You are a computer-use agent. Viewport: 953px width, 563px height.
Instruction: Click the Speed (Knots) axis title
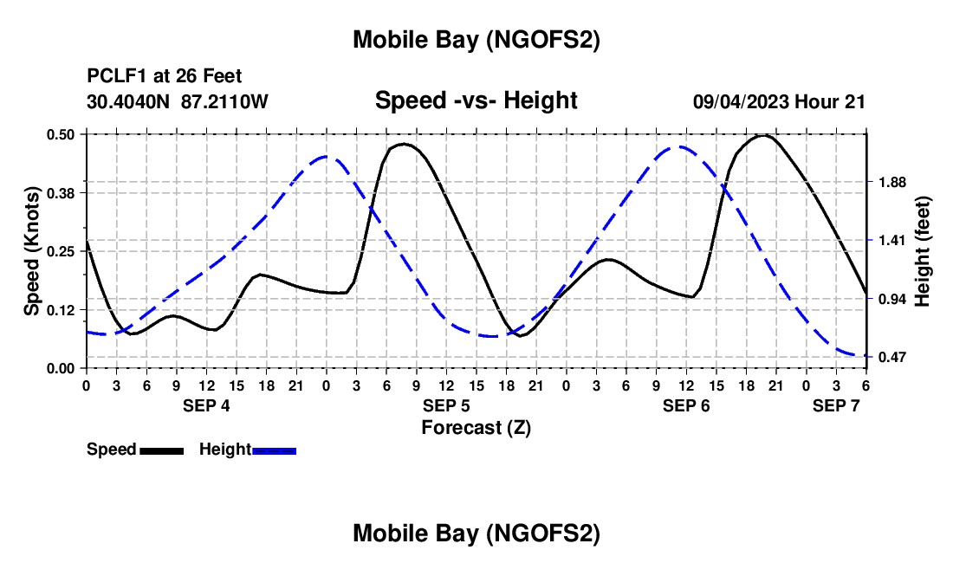[32, 251]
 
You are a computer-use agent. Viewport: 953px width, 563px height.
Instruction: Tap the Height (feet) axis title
[922, 251]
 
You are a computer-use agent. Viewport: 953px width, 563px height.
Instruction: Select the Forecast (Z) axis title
[476, 427]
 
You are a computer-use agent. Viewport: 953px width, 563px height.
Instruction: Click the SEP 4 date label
[206, 405]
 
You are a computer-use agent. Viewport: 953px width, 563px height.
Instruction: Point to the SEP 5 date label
[446, 405]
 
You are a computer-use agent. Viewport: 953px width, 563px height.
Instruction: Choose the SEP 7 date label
[836, 405]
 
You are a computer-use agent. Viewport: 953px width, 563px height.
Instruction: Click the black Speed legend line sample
[161, 450]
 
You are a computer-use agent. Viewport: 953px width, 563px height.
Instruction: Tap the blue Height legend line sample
[275, 450]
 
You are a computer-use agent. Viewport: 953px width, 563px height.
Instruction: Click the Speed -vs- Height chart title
[476, 100]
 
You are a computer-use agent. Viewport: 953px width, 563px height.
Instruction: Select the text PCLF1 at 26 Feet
[165, 76]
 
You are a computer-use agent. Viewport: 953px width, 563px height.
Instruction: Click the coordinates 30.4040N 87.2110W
[178, 101]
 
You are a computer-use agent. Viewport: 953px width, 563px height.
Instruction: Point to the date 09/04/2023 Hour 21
[779, 101]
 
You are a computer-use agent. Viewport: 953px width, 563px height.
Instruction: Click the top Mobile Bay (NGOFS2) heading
[476, 40]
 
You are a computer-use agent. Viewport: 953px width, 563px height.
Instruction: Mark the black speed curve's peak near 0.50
[763, 135]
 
